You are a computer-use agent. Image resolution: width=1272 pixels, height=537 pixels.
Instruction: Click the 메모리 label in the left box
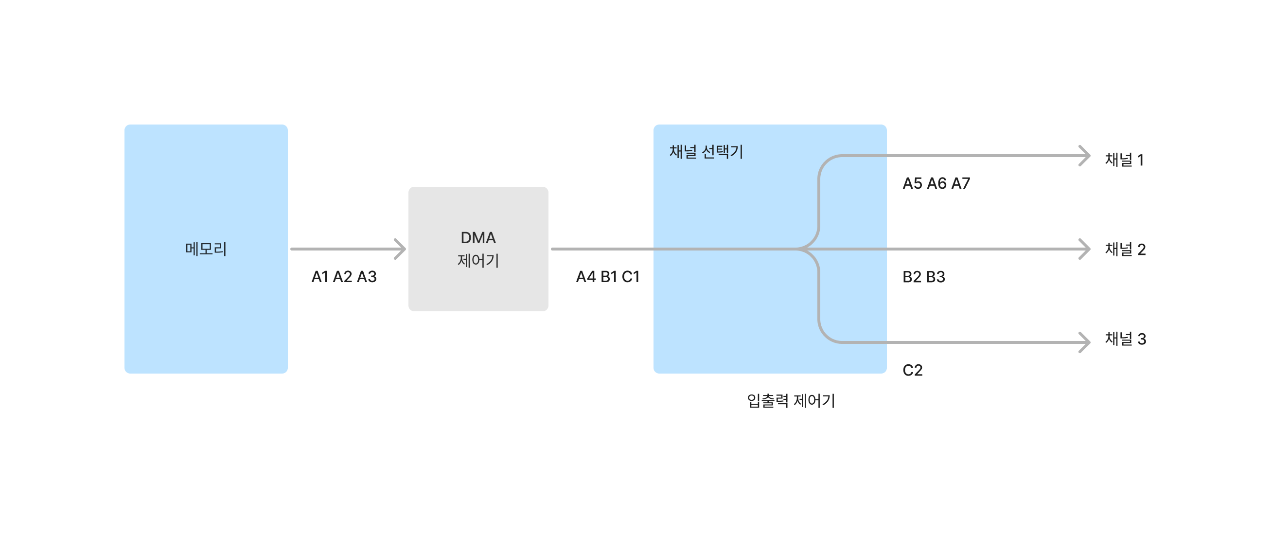[206, 249]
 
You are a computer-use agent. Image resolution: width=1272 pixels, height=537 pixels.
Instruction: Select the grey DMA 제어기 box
[478, 286]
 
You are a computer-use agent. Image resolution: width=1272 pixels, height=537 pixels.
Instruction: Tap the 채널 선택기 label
[706, 152]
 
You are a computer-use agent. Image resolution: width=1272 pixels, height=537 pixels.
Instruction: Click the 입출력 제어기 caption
[791, 401]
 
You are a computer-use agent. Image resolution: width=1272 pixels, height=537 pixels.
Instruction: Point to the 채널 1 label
[1124, 160]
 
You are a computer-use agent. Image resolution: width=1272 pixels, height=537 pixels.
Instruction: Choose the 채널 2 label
[1125, 250]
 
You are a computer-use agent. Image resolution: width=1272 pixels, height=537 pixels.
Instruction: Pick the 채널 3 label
[1125, 339]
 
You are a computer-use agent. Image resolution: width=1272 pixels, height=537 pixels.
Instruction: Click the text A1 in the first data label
[320, 277]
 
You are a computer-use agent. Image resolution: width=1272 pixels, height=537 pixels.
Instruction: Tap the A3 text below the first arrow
[367, 277]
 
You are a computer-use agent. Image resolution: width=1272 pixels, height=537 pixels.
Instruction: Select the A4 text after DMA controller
[585, 277]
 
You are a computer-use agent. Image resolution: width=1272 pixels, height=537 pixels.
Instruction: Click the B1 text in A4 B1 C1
[609, 277]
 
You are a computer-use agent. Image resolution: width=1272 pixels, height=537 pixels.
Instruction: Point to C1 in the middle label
[631, 277]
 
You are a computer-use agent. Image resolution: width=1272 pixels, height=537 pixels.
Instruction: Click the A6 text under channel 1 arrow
[936, 183]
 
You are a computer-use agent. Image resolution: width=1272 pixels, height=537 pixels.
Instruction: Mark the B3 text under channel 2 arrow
[935, 277]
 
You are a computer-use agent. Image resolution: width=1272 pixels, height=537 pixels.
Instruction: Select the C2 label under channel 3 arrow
[912, 370]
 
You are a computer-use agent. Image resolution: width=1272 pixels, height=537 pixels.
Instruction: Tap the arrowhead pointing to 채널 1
[1085, 156]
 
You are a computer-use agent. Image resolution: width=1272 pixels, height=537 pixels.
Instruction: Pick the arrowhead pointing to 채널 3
[1085, 342]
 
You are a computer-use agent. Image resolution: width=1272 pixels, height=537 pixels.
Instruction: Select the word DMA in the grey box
[477, 238]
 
